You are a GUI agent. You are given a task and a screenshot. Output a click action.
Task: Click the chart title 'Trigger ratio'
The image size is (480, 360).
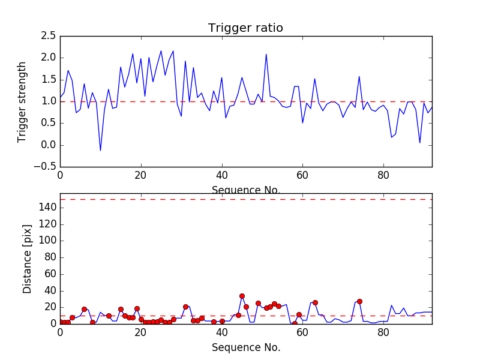(x=245, y=28)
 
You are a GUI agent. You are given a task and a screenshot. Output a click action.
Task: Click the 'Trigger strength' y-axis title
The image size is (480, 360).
(x=22, y=101)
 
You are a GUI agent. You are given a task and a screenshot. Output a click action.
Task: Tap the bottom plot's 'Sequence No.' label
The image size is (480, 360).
(x=246, y=347)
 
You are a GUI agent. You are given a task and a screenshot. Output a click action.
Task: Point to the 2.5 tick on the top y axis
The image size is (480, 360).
(x=49, y=36)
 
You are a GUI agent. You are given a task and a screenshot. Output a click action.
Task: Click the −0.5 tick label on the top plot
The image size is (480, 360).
(x=45, y=167)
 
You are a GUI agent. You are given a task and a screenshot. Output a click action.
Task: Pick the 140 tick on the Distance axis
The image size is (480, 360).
(x=47, y=208)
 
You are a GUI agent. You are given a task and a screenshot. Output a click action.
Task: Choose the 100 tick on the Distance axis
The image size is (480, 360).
(x=47, y=241)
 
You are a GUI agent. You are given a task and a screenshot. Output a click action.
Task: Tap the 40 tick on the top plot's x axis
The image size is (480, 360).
(x=222, y=176)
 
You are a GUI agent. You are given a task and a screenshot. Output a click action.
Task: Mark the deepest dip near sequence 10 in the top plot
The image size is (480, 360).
(x=100, y=151)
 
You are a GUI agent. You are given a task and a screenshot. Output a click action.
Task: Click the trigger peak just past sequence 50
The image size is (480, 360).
(x=266, y=54)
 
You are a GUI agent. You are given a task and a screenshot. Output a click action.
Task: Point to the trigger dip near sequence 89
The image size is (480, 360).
(x=420, y=143)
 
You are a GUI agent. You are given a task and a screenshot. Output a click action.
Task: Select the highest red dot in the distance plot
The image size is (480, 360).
(x=242, y=296)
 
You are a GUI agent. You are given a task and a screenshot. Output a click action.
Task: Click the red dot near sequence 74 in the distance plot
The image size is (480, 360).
(x=359, y=301)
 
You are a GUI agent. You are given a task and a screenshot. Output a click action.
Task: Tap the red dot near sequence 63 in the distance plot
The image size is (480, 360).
(x=315, y=302)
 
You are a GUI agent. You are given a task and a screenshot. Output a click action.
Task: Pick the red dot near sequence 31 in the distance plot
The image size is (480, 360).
(x=185, y=307)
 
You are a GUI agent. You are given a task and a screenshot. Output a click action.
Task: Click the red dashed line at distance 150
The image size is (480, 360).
(x=246, y=199)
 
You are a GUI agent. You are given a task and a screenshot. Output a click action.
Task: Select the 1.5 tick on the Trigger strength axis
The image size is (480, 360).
(x=49, y=80)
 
